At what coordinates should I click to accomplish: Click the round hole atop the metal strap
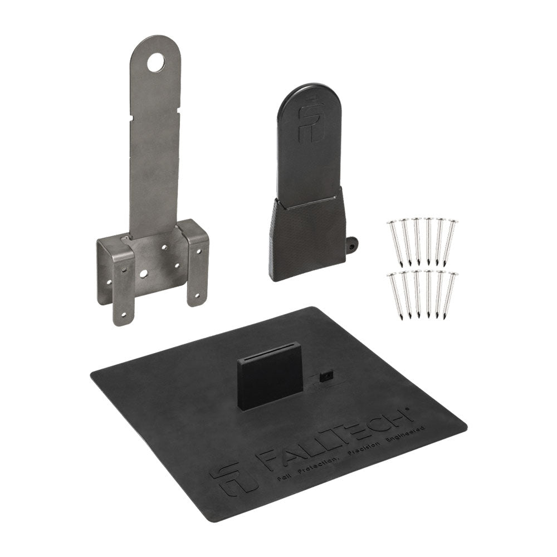156,62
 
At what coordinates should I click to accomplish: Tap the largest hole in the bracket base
144,273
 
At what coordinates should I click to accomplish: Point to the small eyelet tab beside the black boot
351,244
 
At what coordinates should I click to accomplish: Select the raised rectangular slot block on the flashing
270,375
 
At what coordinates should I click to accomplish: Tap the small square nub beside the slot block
325,376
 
